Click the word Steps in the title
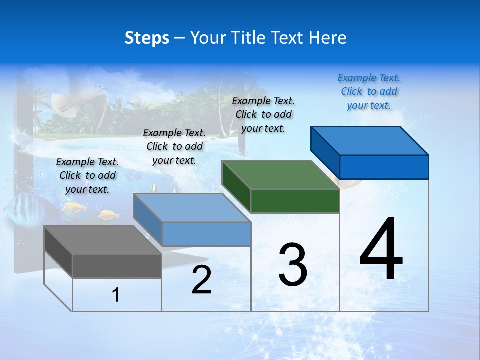click(x=147, y=38)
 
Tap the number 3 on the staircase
click(x=293, y=265)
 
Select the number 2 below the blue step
click(x=201, y=280)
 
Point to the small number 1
click(x=116, y=295)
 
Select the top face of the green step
click(x=280, y=175)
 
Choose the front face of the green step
click(x=295, y=201)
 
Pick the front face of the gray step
click(x=117, y=266)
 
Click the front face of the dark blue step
click(x=384, y=167)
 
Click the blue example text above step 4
click(x=369, y=92)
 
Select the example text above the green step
click(x=263, y=115)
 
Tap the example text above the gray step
click(x=87, y=176)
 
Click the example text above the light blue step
click(x=174, y=147)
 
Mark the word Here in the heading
click(x=328, y=38)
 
